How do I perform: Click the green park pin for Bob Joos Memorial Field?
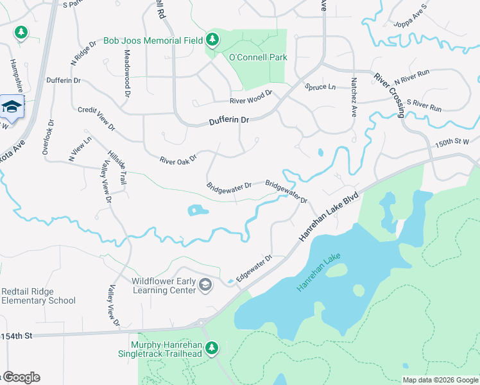[x=212, y=40]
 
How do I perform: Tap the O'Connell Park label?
[x=257, y=57]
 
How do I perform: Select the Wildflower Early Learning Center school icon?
[x=205, y=285]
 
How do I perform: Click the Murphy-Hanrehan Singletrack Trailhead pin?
[x=211, y=348]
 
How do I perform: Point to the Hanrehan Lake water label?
[x=318, y=273]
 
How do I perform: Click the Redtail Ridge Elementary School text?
[x=39, y=296]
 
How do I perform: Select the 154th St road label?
[x=15, y=336]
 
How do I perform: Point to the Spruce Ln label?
[x=320, y=87]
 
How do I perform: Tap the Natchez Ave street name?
[x=354, y=97]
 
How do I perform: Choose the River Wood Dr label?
[x=252, y=97]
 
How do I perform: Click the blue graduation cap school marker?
[x=11, y=107]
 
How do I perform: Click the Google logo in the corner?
[x=21, y=377]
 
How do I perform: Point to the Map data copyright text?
[x=440, y=380]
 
